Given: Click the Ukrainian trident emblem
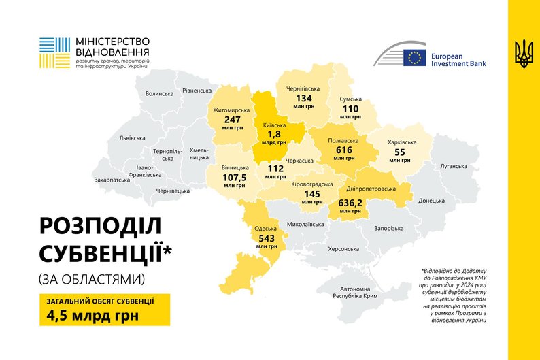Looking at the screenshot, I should coord(524,53).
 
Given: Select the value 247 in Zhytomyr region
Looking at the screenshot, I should coord(233,119).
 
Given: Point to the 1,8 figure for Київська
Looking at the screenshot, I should coord(274,135).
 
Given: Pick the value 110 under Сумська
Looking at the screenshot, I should coord(350,108).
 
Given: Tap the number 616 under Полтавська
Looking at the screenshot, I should coord(344,150).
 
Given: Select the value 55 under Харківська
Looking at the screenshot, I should coord(399,152).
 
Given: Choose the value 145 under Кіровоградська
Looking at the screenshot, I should coord(312,193).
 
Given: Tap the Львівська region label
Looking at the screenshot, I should coord(132,137).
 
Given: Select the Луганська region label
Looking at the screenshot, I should coord(454,165).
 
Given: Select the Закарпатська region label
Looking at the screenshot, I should coord(112,180).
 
